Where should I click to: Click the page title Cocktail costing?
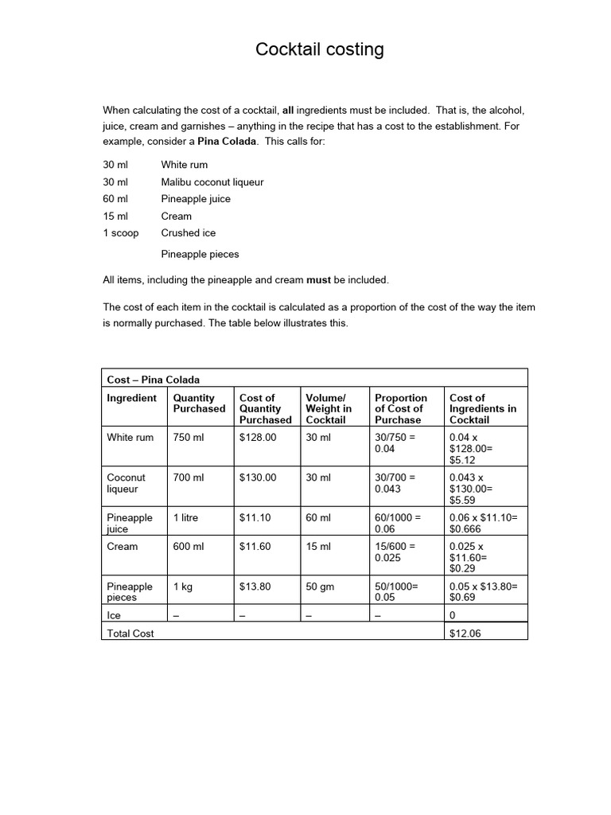319,50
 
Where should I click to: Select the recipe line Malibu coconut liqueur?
212,182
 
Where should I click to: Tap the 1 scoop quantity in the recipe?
120,233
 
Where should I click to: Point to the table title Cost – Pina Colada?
154,380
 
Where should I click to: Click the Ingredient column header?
131,398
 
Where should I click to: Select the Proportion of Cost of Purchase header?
400,408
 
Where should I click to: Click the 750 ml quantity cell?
189,438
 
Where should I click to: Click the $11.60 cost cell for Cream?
255,547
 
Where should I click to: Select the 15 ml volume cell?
317,547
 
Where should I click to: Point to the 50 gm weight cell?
321,587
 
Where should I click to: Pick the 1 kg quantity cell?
184,587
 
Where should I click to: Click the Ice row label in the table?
114,615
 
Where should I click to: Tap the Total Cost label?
130,634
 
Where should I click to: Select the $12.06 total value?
465,634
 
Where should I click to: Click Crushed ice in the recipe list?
188,233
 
